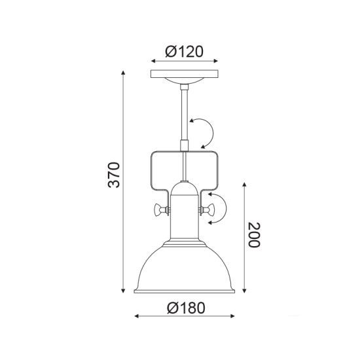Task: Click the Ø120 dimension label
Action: point(184,50)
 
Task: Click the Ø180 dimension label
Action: point(185,308)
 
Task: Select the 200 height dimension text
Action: point(255,235)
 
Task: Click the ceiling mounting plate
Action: point(184,74)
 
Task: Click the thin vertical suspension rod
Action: point(185,111)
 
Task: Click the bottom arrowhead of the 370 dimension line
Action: point(124,293)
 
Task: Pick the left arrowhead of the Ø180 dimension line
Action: point(137,316)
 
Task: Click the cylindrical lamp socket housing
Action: point(184,219)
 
